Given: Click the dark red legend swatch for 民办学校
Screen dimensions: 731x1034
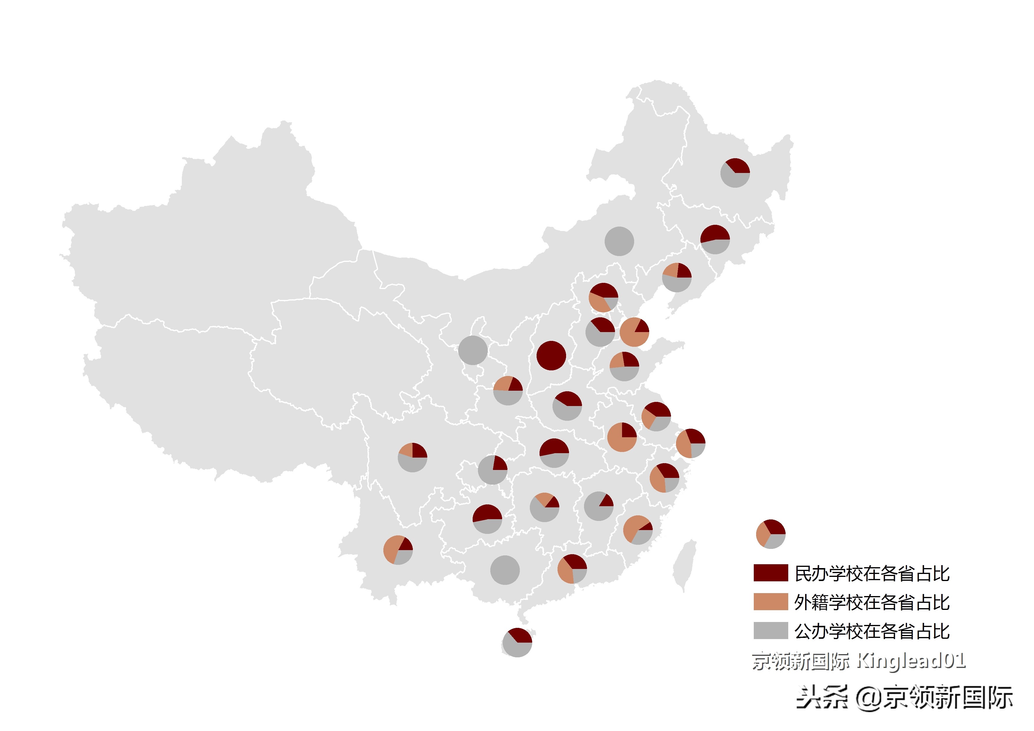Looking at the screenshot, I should pyautogui.click(x=771, y=572).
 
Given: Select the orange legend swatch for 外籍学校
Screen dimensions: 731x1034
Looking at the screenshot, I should pyautogui.click(x=771, y=602).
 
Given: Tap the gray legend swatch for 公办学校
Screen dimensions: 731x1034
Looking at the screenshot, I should pyautogui.click(x=771, y=631).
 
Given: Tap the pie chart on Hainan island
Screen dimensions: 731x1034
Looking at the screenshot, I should pyautogui.click(x=517, y=642).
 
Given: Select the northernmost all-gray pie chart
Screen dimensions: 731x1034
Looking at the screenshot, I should pyautogui.click(x=619, y=241).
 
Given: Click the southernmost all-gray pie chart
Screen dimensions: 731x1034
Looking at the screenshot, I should pyautogui.click(x=505, y=570).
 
